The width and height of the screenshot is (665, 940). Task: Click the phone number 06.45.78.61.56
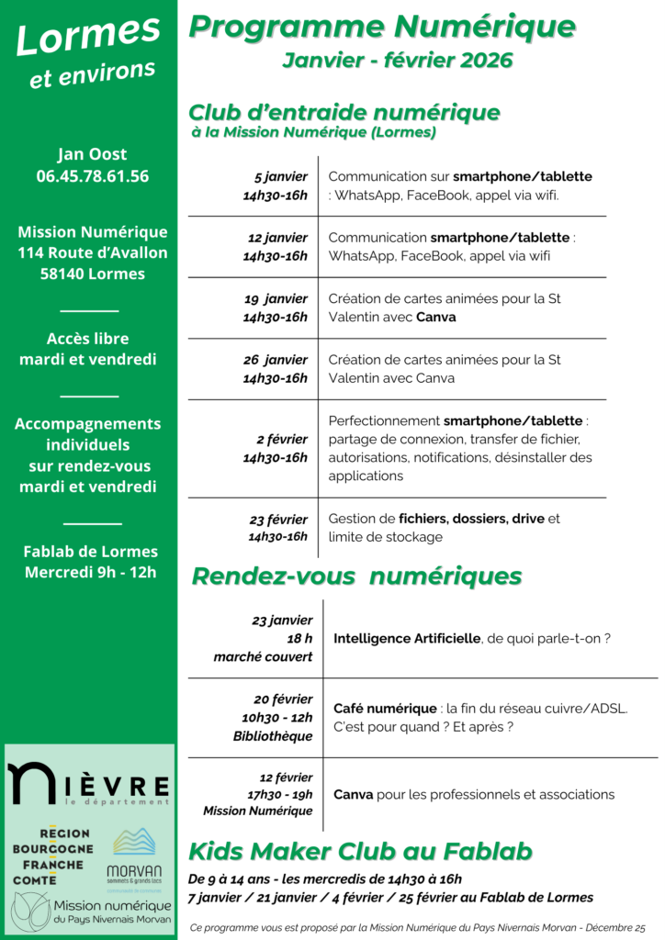pyautogui.click(x=92, y=175)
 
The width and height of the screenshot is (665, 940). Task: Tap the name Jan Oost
pyautogui.click(x=92, y=153)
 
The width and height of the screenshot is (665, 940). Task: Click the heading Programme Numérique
pyautogui.click(x=382, y=28)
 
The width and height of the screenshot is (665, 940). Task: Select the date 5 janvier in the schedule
pyautogui.click(x=280, y=176)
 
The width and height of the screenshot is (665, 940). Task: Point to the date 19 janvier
pyautogui.click(x=276, y=298)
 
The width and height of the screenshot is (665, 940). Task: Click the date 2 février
pyautogui.click(x=282, y=439)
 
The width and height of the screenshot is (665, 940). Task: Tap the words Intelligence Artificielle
pyautogui.click(x=407, y=638)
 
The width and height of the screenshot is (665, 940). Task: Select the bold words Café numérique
pyautogui.click(x=385, y=709)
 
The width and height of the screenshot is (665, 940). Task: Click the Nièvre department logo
pyautogui.click(x=88, y=783)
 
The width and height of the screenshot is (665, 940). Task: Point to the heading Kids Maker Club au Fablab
pyautogui.click(x=360, y=851)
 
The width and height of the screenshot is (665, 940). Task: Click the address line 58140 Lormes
pyautogui.click(x=92, y=274)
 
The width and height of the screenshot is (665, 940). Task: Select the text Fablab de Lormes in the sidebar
pyautogui.click(x=91, y=552)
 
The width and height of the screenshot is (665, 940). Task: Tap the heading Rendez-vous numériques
pyautogui.click(x=356, y=576)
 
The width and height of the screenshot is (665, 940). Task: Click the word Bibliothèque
pyautogui.click(x=273, y=736)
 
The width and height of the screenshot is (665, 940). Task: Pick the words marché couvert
pyautogui.click(x=263, y=657)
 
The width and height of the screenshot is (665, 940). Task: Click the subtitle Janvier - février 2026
pyautogui.click(x=397, y=61)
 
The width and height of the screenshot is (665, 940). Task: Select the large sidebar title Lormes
pyautogui.click(x=88, y=35)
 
